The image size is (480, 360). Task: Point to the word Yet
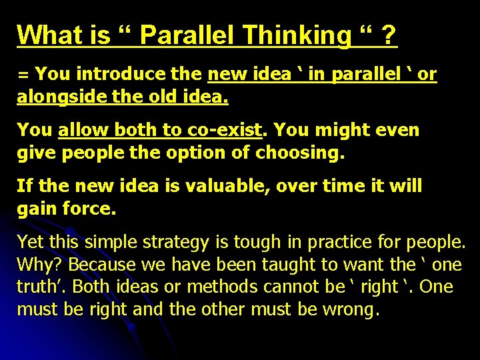[31, 241]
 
